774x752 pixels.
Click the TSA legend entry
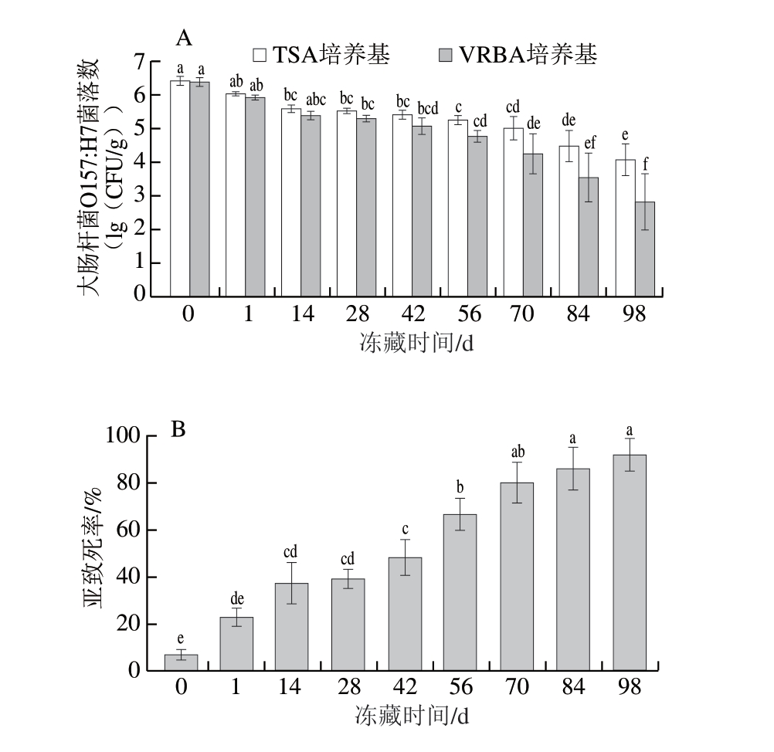321,55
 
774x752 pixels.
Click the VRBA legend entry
518,55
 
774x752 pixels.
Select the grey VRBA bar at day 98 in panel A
644,249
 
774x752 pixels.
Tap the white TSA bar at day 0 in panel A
179,188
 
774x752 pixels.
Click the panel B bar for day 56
460,593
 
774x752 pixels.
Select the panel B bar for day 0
181,663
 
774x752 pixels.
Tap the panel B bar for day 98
629,563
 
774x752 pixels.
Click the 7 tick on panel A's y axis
140,63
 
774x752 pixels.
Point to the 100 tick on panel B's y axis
123,436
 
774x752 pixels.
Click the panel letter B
178,429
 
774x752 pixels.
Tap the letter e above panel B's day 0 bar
181,639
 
